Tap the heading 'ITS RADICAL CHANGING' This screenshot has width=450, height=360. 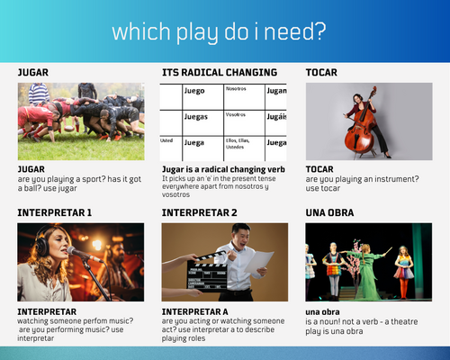point(219,72)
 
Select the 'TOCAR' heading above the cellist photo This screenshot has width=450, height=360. point(322,72)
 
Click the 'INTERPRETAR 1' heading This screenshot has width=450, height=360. point(54,212)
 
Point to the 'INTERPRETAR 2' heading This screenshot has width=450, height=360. point(199,212)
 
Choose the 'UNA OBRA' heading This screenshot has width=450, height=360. point(328,212)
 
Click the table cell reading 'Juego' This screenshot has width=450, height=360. point(193,91)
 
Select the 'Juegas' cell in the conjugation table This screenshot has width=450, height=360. point(195,117)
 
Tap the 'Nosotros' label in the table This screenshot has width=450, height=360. point(236,89)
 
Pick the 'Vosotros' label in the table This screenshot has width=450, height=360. point(236,115)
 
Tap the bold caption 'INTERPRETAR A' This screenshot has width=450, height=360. point(193,311)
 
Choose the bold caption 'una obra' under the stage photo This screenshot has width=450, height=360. point(322,311)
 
